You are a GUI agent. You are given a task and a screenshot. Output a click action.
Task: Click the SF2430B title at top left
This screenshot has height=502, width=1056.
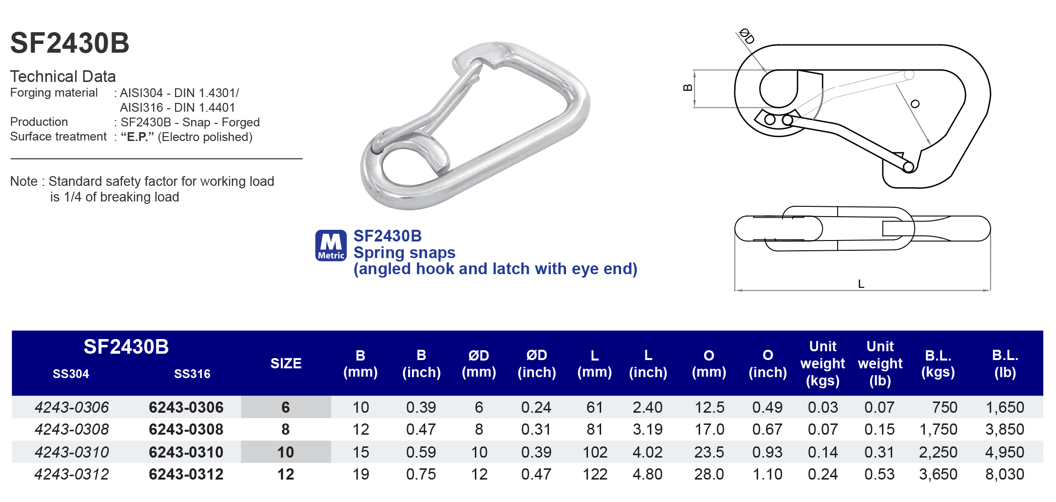pyautogui.click(x=70, y=43)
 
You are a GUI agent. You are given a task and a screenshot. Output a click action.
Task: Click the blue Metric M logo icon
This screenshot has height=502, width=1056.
pyautogui.click(x=331, y=245)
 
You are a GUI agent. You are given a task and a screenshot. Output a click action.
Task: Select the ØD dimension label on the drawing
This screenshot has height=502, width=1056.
pyautogui.click(x=746, y=36)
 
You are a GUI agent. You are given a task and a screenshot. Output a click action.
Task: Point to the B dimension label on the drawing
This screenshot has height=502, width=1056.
pyautogui.click(x=687, y=88)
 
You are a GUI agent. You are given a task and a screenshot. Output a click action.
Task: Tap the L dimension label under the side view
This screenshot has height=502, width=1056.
pyautogui.click(x=861, y=284)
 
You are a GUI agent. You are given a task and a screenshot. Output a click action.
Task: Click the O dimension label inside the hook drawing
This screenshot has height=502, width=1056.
pyautogui.click(x=915, y=104)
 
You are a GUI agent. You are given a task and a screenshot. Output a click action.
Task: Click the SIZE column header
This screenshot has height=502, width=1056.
pyautogui.click(x=286, y=363)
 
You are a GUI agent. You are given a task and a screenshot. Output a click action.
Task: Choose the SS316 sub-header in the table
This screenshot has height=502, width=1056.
pyautogui.click(x=192, y=374)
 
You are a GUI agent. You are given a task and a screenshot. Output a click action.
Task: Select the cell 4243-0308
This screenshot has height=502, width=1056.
pyautogui.click(x=72, y=429)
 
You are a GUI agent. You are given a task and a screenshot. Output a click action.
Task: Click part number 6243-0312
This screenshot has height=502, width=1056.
pyautogui.click(x=186, y=474)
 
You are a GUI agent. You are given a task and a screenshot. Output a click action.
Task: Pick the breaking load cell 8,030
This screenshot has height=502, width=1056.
pyautogui.click(x=1004, y=474)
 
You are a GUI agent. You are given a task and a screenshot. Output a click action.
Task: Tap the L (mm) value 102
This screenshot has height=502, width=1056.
pyautogui.click(x=595, y=452)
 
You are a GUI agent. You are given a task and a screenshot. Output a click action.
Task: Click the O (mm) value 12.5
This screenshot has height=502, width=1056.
pyautogui.click(x=709, y=407)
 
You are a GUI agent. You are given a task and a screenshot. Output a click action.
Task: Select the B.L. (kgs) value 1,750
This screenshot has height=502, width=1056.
pyautogui.click(x=938, y=429)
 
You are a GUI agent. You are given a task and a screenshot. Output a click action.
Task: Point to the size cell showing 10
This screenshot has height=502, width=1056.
pyautogui.click(x=286, y=452)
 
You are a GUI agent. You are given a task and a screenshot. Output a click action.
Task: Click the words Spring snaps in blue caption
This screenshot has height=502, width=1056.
pyautogui.click(x=404, y=253)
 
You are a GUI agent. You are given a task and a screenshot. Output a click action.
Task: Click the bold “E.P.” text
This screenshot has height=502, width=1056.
pyautogui.click(x=137, y=137)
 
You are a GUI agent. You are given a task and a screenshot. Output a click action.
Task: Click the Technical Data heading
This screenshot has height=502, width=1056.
pyautogui.click(x=63, y=77)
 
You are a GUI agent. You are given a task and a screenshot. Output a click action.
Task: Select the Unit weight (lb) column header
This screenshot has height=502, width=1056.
pyautogui.click(x=880, y=363)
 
